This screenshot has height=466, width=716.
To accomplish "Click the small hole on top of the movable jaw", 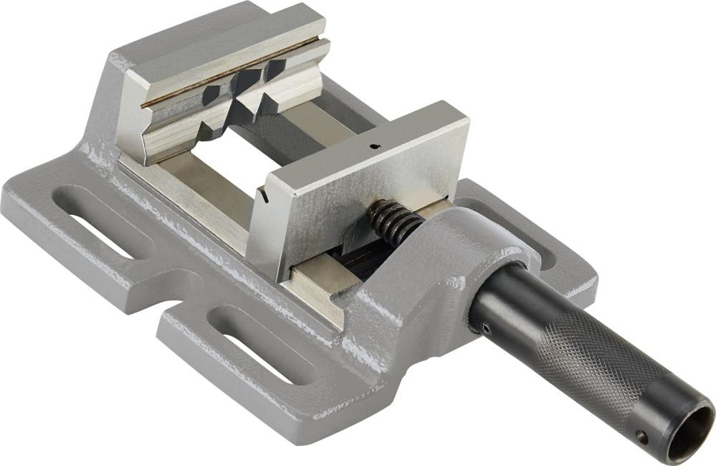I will tap(375, 145).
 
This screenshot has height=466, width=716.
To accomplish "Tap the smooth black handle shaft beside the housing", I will tap(509, 303).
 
